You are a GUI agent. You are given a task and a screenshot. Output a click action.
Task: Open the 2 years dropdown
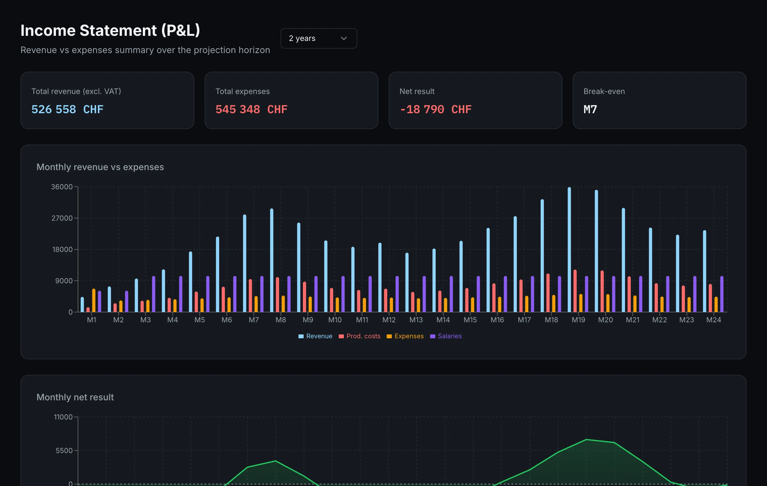pyautogui.click(x=319, y=38)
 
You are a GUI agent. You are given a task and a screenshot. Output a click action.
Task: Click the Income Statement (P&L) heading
pyautogui.click(x=110, y=31)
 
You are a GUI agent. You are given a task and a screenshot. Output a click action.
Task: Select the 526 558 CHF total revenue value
pyautogui.click(x=67, y=109)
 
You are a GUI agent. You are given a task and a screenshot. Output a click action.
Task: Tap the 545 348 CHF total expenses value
pyautogui.click(x=252, y=109)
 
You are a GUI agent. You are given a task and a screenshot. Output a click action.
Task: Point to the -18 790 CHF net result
pyautogui.click(x=436, y=109)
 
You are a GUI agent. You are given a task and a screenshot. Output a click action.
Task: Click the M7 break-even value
pyautogui.click(x=590, y=109)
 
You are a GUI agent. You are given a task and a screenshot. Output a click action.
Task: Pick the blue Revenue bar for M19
pyautogui.click(x=569, y=250)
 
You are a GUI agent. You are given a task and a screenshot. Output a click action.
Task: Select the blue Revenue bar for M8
pyautogui.click(x=272, y=260)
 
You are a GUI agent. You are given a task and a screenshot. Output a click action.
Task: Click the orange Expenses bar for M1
pyautogui.click(x=94, y=300)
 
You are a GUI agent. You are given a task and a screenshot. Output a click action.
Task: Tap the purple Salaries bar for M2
pyautogui.click(x=127, y=302)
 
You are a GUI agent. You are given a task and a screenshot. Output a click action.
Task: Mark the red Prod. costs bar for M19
pyautogui.click(x=575, y=291)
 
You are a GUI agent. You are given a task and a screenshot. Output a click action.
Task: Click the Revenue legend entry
pyautogui.click(x=315, y=336)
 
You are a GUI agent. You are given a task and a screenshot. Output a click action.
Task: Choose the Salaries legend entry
pyautogui.click(x=446, y=336)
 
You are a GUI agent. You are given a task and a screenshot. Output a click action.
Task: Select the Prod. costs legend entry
pyautogui.click(x=360, y=336)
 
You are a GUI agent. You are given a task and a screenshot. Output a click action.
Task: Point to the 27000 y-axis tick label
pyautogui.click(x=62, y=218)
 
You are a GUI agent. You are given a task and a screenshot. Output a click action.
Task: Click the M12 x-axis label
pyautogui.click(x=389, y=320)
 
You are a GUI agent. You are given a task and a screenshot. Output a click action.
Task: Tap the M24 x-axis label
pyautogui.click(x=714, y=320)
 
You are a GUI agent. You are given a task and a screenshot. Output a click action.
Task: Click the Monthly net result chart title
pyautogui.click(x=75, y=397)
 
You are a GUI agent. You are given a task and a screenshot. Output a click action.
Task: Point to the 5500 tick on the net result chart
pyautogui.click(x=64, y=451)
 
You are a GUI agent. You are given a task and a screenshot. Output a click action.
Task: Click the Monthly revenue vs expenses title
pyautogui.click(x=100, y=167)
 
